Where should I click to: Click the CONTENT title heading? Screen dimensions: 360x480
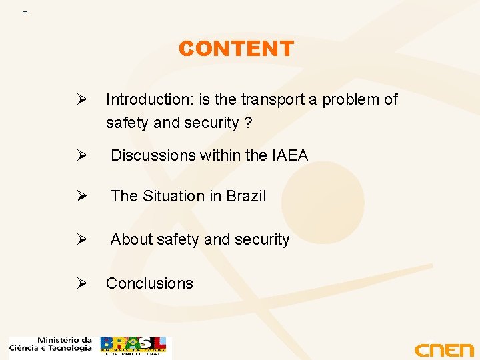pyautogui.click(x=236, y=49)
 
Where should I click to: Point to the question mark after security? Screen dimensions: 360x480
pyautogui.click(x=247, y=123)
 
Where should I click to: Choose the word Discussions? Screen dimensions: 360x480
pyautogui.click(x=153, y=155)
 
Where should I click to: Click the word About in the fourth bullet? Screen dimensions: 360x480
pyautogui.click(x=131, y=239)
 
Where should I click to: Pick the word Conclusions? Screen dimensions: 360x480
pyautogui.click(x=149, y=283)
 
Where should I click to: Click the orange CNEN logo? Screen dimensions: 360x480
pyautogui.click(x=443, y=349)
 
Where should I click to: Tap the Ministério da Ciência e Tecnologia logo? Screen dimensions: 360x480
pyautogui.click(x=51, y=345)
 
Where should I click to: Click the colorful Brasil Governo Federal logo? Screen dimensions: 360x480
pyautogui.click(x=135, y=347)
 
